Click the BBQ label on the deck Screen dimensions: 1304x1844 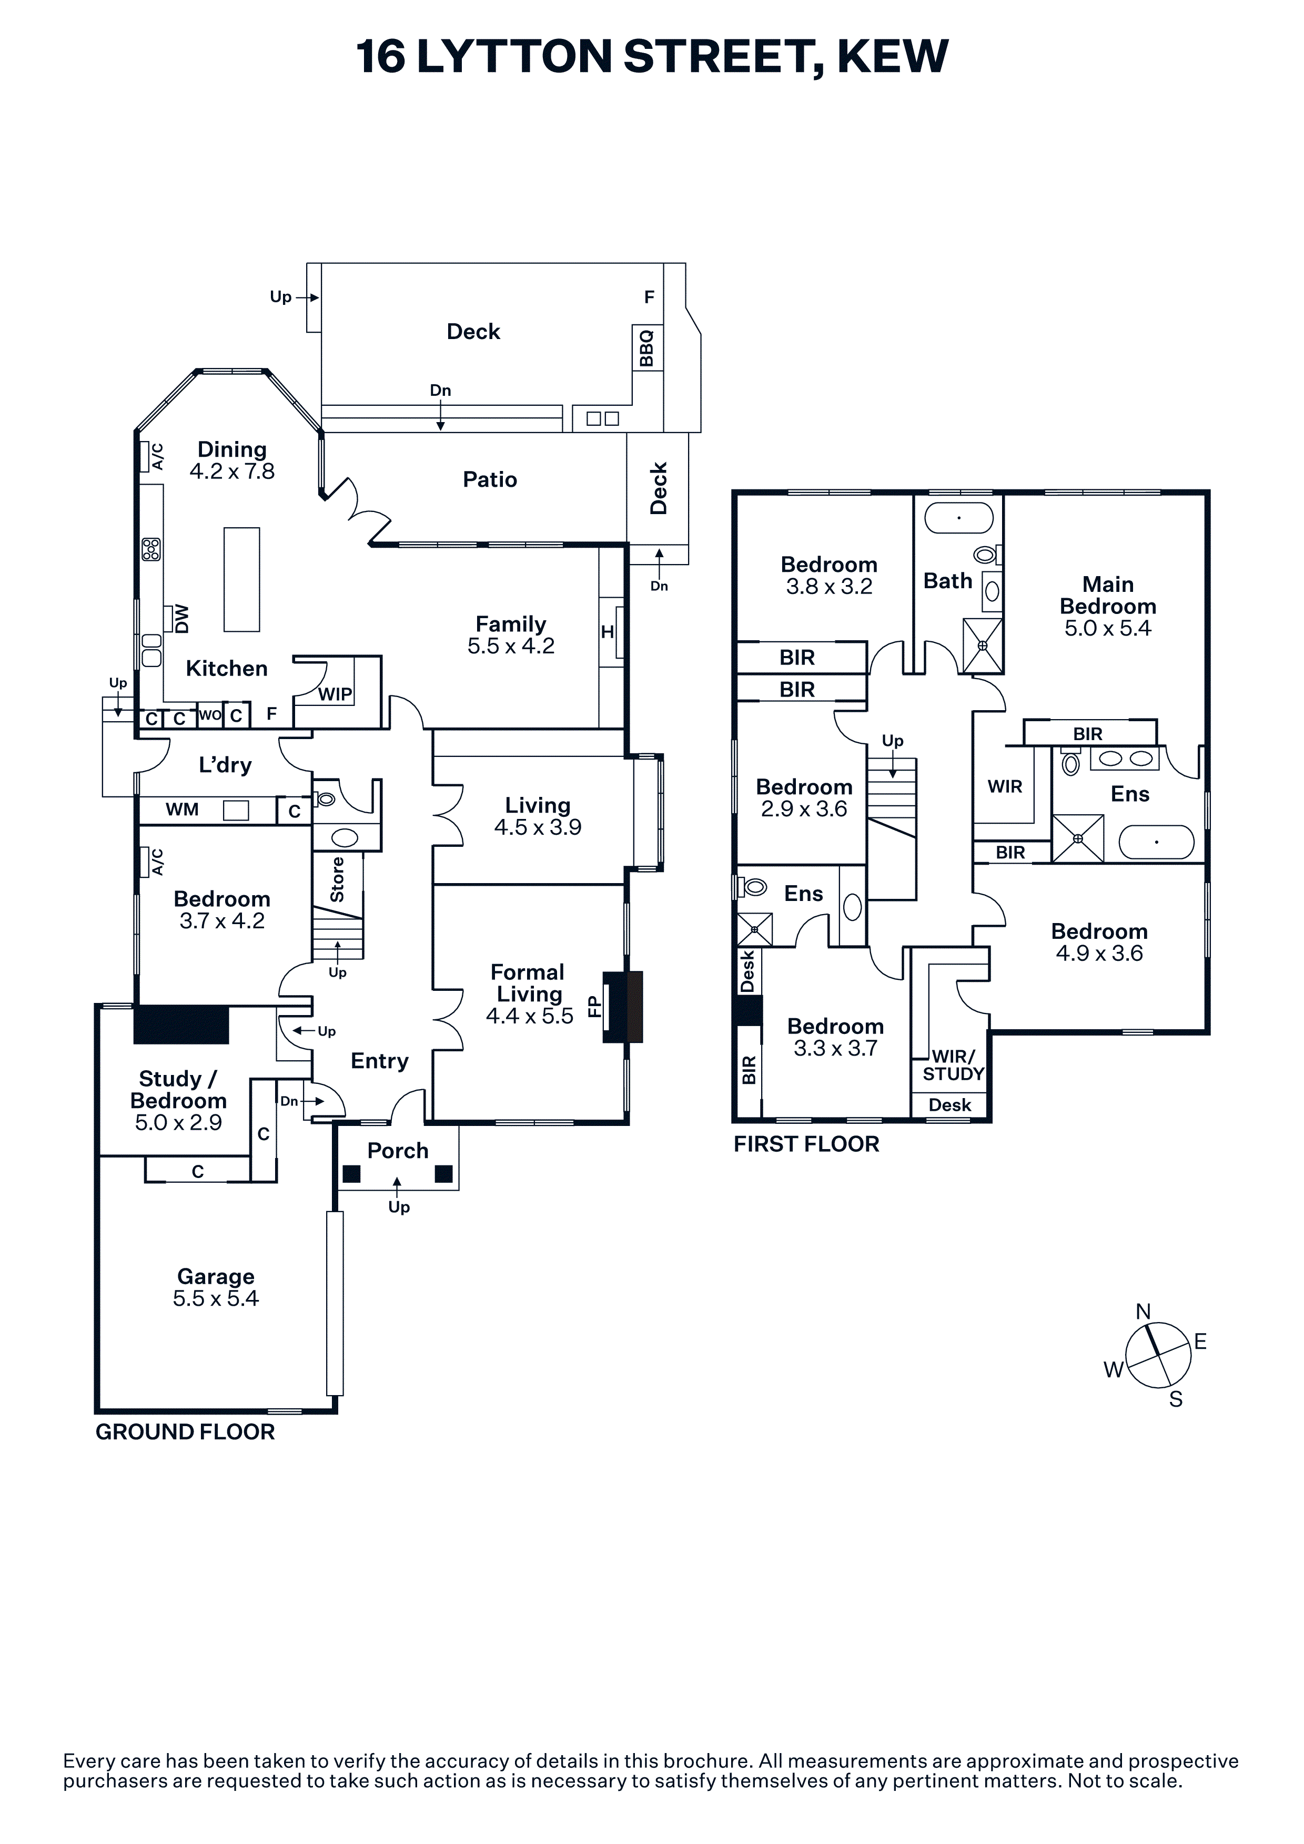pos(647,348)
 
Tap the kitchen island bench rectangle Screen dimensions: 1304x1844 pos(242,579)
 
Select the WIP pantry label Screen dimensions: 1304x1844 pos(335,694)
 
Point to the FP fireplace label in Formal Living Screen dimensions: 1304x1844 pos(594,1006)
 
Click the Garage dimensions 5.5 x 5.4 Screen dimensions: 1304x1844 pos(216,1299)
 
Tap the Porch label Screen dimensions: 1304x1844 pos(398,1151)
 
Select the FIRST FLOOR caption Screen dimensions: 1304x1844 pos(807,1144)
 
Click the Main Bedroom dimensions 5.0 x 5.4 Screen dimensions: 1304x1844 pos(1108,628)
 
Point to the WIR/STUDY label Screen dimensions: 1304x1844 pos(954,1066)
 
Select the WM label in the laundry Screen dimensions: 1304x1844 pos(183,810)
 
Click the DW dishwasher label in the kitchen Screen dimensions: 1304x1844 pos(183,619)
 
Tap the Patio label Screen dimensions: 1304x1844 pos(490,479)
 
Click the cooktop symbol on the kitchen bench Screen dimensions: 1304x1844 pos(151,549)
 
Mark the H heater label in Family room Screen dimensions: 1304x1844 pos(608,632)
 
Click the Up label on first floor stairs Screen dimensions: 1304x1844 pos(893,741)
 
